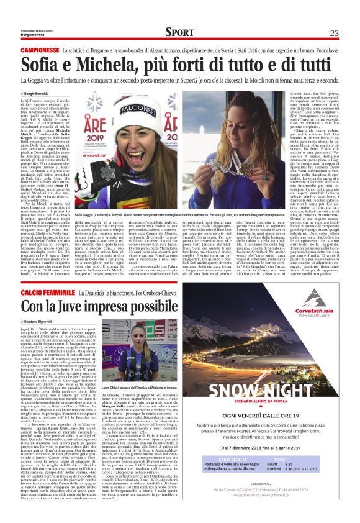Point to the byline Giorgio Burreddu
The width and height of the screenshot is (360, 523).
point(45,93)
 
